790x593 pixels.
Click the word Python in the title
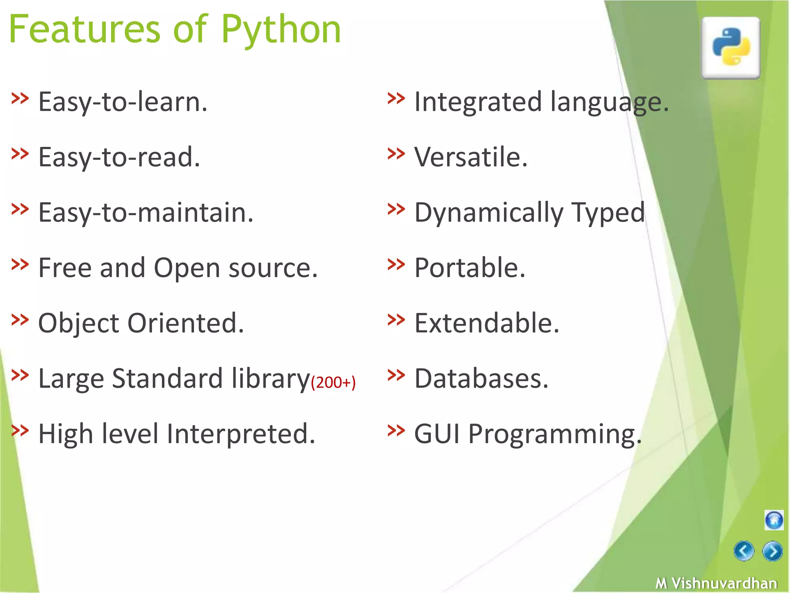point(281,30)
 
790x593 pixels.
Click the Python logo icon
point(730,47)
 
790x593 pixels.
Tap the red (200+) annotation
point(333,382)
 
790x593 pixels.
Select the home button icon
point(773,520)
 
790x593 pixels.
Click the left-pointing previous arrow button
point(743,551)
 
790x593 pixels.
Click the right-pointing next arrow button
point(772,551)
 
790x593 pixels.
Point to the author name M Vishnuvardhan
point(716,583)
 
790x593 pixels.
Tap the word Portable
point(469,268)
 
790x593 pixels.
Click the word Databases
point(481,378)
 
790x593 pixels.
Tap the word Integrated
point(478,102)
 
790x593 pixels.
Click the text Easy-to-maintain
point(146,213)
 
